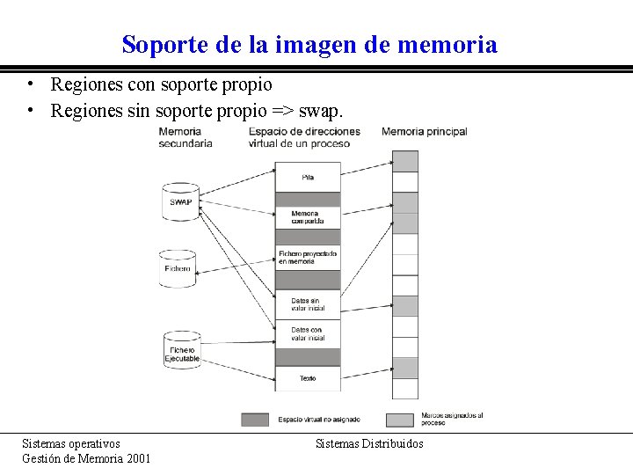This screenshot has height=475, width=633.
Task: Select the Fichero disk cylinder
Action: point(179,267)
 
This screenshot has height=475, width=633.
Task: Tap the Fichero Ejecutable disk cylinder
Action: point(182,349)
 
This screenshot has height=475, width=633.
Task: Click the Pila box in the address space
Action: point(308,177)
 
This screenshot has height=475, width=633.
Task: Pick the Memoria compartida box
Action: point(308,217)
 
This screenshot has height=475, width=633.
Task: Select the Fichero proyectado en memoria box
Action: point(308,257)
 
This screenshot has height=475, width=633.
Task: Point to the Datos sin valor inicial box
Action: point(308,304)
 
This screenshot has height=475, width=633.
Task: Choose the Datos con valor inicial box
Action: point(308,333)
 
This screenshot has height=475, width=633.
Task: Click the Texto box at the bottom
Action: point(308,378)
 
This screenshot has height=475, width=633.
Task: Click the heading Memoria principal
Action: point(425,132)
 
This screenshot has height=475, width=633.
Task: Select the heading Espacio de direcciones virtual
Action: point(304,137)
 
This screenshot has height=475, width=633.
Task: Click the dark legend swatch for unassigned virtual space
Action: point(255,419)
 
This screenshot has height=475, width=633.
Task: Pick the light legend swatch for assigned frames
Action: point(400,419)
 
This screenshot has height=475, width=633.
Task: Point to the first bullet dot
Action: point(30,85)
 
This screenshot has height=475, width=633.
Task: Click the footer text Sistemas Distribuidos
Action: point(369,443)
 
